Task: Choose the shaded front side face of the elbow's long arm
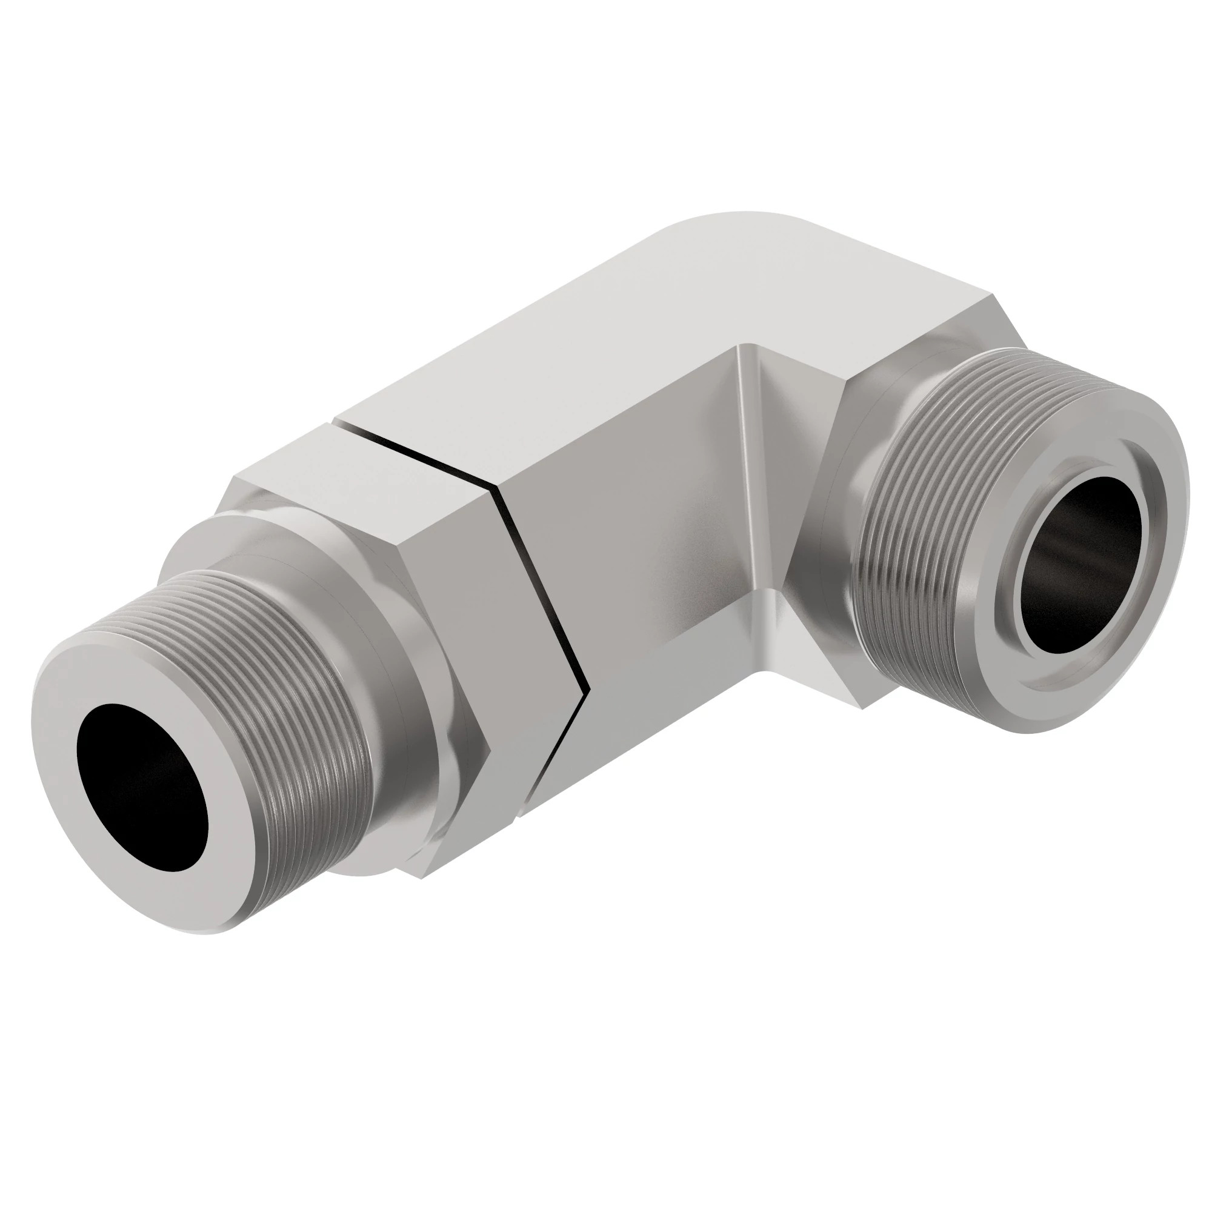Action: coord(640,552)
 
